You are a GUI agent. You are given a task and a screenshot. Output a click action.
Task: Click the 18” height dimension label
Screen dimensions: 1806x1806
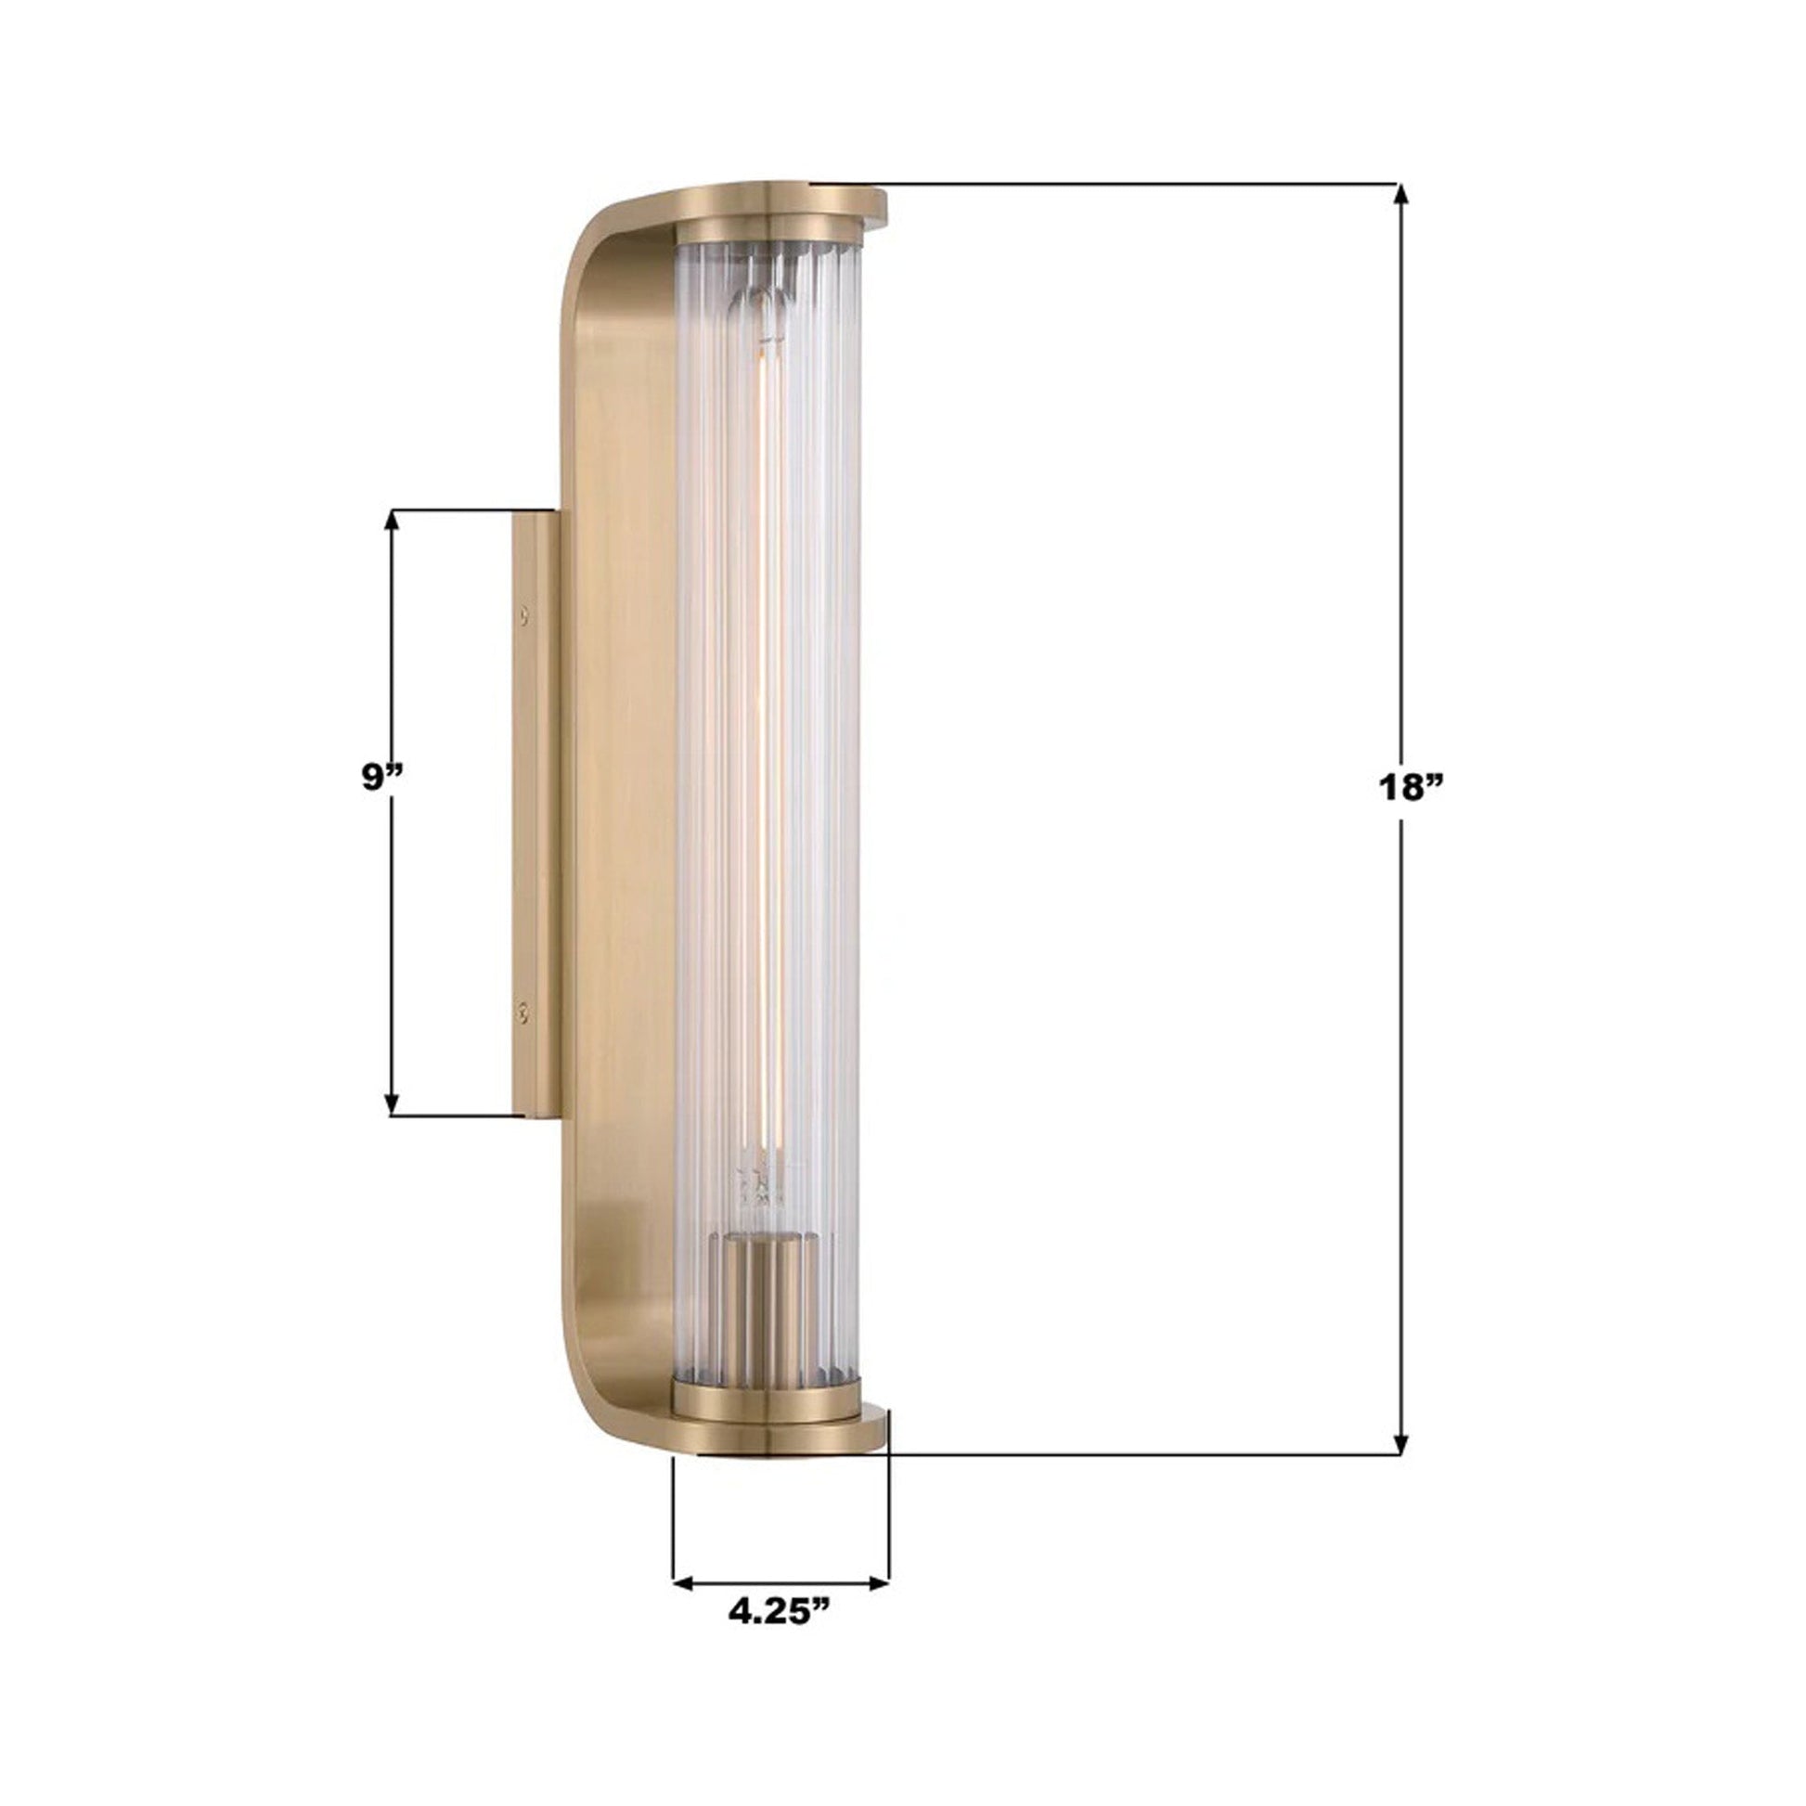1411,787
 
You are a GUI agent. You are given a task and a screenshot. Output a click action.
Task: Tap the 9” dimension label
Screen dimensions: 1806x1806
382,777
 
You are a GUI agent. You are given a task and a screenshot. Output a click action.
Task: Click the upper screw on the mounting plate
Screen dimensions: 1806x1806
524,614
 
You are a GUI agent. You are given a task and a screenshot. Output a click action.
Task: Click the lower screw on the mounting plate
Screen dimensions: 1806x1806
524,1011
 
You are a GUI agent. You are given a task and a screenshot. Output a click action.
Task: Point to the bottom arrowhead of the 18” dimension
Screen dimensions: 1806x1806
1400,1468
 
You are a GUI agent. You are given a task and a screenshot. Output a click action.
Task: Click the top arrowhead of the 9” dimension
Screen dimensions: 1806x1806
393,521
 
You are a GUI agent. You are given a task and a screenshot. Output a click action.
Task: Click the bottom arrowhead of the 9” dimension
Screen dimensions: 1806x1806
393,1106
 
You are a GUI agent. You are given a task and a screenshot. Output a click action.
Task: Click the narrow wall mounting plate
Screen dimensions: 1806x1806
535,813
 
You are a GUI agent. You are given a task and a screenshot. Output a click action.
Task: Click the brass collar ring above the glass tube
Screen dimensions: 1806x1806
767,230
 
